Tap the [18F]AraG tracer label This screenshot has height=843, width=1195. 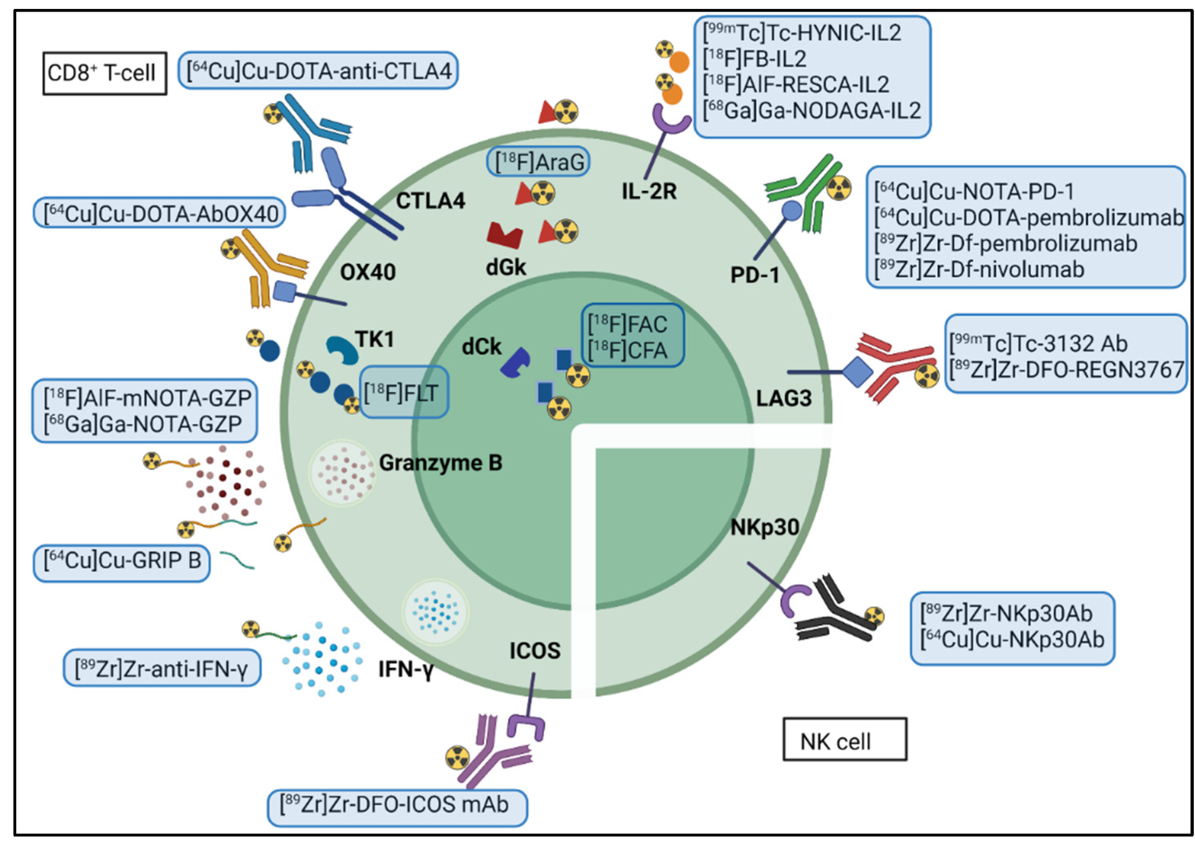pos(538,162)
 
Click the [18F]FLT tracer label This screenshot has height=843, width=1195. pos(404,393)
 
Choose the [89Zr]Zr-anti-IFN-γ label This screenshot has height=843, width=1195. pos(161,668)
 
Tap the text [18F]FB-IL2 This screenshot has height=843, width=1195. pos(755,59)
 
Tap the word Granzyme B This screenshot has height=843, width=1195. pos(440,463)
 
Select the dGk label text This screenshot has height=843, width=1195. pos(505,267)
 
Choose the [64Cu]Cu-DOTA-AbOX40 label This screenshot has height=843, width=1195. pos(159,213)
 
